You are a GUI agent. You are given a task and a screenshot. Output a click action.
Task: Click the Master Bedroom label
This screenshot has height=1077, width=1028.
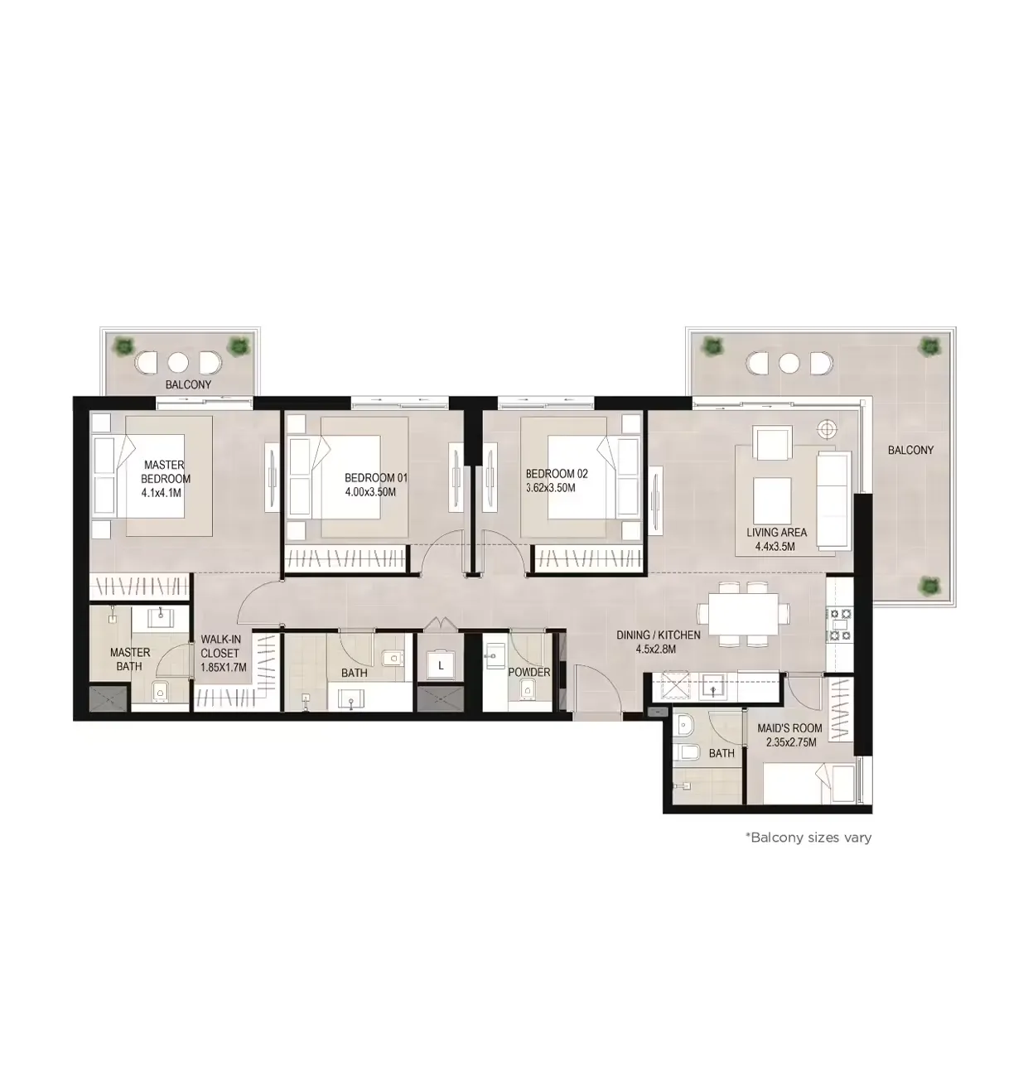pyautogui.click(x=165, y=472)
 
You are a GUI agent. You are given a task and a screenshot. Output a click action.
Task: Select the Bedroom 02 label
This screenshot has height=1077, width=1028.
pyautogui.click(x=557, y=474)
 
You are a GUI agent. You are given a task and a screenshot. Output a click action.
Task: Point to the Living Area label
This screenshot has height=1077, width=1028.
pyautogui.click(x=776, y=533)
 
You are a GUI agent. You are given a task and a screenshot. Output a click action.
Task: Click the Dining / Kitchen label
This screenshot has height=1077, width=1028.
pyautogui.click(x=658, y=635)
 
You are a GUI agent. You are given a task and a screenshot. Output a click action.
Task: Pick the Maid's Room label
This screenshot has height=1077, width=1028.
pyautogui.click(x=789, y=728)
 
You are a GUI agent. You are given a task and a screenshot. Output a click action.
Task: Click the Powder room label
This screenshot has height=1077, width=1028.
pyautogui.click(x=529, y=672)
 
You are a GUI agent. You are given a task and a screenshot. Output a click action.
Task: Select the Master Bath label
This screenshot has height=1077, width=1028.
pyautogui.click(x=130, y=659)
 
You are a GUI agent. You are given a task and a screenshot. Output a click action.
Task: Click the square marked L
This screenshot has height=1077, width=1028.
pyautogui.click(x=441, y=665)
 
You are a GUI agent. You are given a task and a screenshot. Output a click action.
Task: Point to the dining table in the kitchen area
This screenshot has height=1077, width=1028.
pyautogui.click(x=742, y=614)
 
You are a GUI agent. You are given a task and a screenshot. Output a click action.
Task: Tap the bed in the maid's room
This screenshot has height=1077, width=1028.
pyautogui.click(x=808, y=784)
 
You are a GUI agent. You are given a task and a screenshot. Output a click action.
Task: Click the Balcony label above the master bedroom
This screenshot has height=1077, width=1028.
pyautogui.click(x=188, y=384)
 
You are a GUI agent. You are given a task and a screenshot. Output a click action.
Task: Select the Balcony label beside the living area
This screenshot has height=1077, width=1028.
pyautogui.click(x=910, y=450)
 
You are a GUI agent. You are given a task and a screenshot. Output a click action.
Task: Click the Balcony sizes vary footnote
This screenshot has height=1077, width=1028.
pyautogui.click(x=808, y=838)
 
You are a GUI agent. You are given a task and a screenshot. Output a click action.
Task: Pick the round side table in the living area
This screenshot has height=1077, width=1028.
pyautogui.click(x=826, y=429)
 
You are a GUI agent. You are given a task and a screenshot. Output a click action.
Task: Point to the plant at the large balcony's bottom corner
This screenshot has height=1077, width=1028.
pyautogui.click(x=930, y=585)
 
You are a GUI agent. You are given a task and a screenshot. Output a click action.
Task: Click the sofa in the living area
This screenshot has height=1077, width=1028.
pyautogui.click(x=833, y=500)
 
